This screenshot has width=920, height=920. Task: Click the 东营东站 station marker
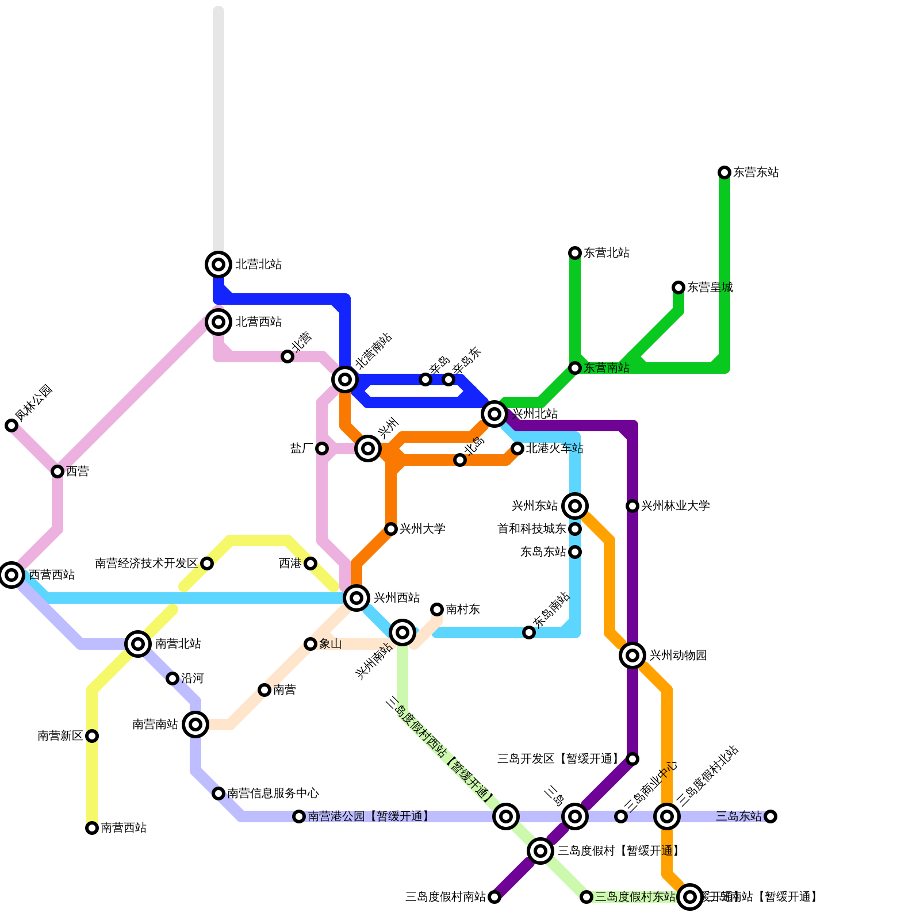[724, 172]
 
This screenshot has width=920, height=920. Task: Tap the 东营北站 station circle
[575, 253]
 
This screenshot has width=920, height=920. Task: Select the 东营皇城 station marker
[678, 287]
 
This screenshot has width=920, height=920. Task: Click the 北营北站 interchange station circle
[218, 264]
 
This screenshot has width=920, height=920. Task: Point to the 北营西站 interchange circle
[218, 322]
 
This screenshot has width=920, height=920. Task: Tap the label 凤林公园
[34, 403]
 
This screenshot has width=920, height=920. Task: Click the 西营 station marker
[57, 471]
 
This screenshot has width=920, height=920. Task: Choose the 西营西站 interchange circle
[11, 575]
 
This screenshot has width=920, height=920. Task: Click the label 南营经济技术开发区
[146, 563]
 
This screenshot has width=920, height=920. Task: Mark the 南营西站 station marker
[92, 828]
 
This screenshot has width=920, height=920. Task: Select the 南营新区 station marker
[92, 736]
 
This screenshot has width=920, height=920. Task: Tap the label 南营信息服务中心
[273, 793]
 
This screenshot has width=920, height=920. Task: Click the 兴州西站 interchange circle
[356, 598]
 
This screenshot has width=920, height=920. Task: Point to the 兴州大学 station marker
[391, 529]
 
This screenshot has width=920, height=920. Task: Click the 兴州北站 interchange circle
[494, 413]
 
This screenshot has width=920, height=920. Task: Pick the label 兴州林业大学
[675, 506]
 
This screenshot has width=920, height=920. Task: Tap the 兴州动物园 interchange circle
[632, 655]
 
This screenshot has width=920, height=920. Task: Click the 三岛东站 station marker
[770, 816]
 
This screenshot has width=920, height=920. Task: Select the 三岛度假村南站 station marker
[494, 897]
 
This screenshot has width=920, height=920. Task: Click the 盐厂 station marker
[322, 448]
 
